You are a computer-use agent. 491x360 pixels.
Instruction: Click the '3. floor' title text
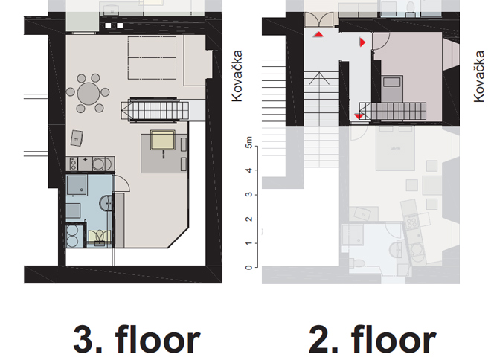pos(137,339)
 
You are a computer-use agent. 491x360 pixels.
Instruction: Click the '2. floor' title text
pos(372,339)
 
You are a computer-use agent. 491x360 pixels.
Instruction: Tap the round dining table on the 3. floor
pos(89,93)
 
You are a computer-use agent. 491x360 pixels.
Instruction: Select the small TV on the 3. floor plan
pos(77,138)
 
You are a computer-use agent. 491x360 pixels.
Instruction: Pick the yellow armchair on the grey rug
pos(162,140)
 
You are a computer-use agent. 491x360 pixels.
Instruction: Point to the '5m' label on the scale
pos(249,142)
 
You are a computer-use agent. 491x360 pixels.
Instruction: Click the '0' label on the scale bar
pos(249,267)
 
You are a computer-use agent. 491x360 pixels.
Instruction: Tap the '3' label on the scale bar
pos(249,194)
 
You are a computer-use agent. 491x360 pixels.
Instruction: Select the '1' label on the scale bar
pos(249,243)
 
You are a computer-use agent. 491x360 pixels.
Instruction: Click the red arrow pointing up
pos(318,34)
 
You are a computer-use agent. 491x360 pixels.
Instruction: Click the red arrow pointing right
pos(362,42)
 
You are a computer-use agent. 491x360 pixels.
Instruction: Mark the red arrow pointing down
pos(359,117)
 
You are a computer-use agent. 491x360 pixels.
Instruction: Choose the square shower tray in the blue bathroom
pos(77,185)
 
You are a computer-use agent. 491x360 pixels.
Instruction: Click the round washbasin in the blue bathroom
pos(106,204)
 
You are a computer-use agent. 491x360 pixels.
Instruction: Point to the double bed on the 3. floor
pos(152,58)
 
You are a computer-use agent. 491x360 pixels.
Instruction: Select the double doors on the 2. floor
pos(318,19)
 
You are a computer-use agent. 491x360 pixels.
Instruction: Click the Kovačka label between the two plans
pos(237,76)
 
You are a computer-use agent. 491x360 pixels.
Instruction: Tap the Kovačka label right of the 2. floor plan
pos(479,76)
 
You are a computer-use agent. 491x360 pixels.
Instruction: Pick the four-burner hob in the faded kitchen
pos(411,222)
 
